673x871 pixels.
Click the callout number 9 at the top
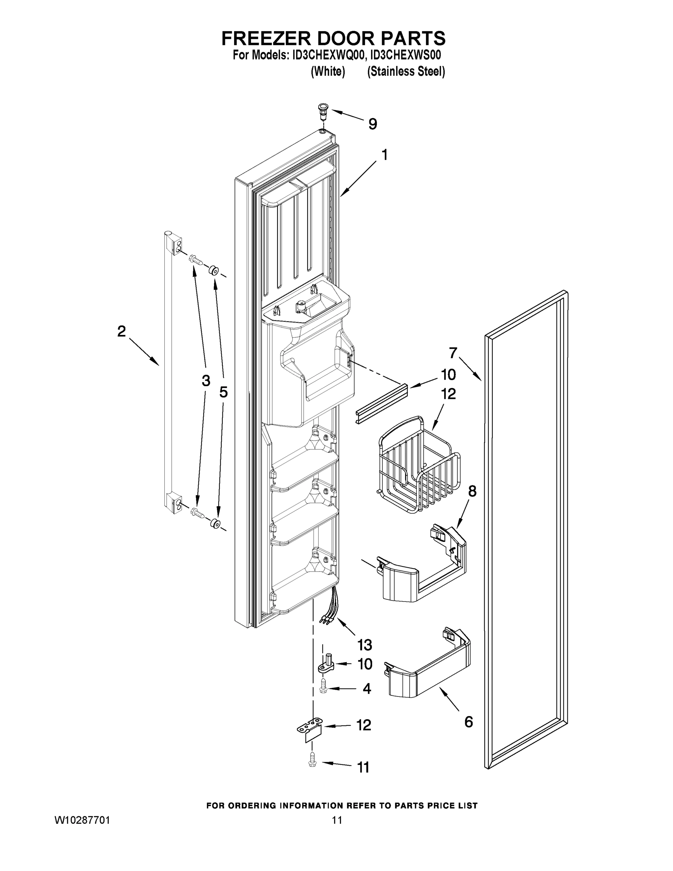click(372, 124)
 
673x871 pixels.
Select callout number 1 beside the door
click(384, 155)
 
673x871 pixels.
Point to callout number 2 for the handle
click(121, 331)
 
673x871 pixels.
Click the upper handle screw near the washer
click(196, 259)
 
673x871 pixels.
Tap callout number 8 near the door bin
click(472, 491)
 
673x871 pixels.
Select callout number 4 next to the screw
click(366, 689)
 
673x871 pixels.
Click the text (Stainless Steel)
click(406, 72)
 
